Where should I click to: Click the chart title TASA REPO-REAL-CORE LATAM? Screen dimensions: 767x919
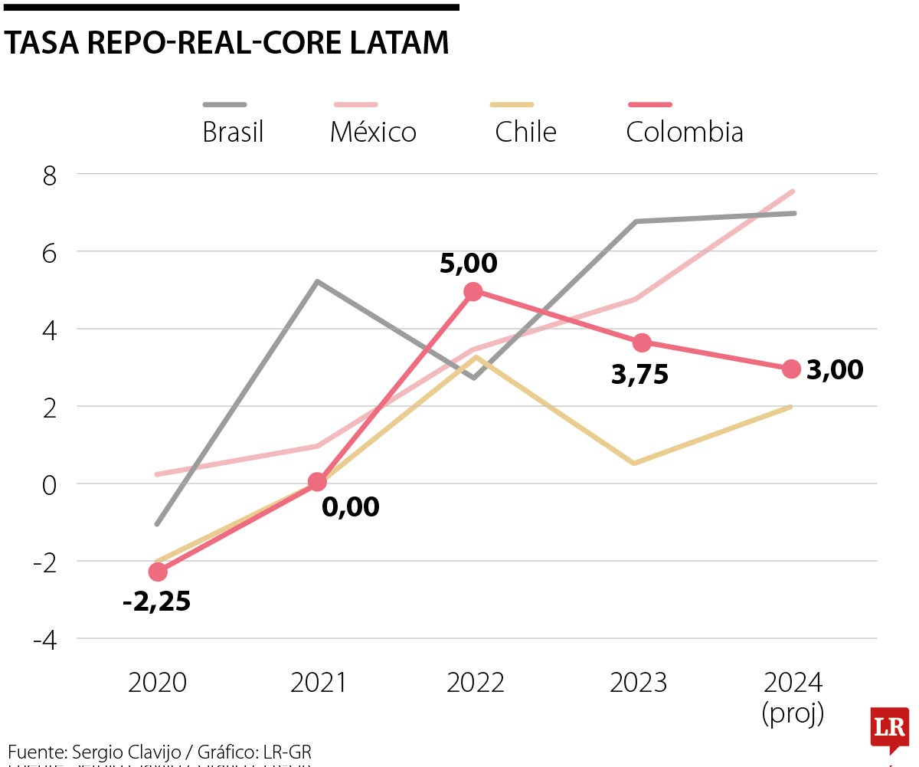pyautogui.click(x=227, y=43)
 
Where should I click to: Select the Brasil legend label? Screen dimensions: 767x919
pyautogui.click(x=233, y=133)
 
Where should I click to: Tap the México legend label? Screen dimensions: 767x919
pyautogui.click(x=373, y=133)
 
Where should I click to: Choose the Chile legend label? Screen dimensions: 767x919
pyautogui.click(x=525, y=133)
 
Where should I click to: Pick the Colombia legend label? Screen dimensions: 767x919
pyautogui.click(x=684, y=133)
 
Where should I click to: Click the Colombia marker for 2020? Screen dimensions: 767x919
pyautogui.click(x=158, y=572)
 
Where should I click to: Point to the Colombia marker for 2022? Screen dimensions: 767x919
pyautogui.click(x=473, y=291)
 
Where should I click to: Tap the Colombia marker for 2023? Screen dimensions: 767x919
pyautogui.click(x=642, y=342)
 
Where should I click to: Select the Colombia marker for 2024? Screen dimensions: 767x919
pyautogui.click(x=791, y=369)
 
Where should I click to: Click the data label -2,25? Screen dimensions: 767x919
pyautogui.click(x=156, y=602)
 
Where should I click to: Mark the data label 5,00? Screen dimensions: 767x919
pyautogui.click(x=468, y=264)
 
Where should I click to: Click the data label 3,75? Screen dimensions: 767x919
pyautogui.click(x=639, y=375)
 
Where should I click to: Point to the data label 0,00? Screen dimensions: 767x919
pyautogui.click(x=350, y=507)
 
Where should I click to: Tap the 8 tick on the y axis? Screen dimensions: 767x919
pyautogui.click(x=50, y=175)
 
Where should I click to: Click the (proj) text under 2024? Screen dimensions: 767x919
pyautogui.click(x=793, y=713)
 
